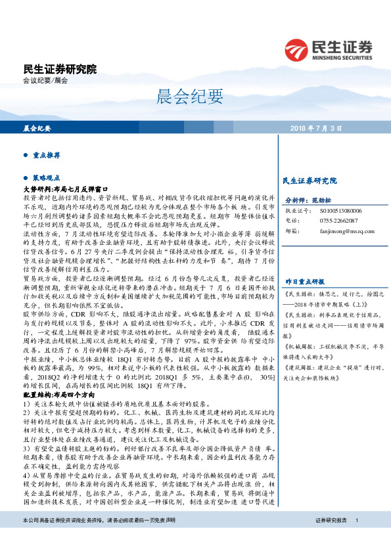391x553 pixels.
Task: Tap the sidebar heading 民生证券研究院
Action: (309, 180)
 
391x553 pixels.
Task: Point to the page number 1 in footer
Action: (356, 538)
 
